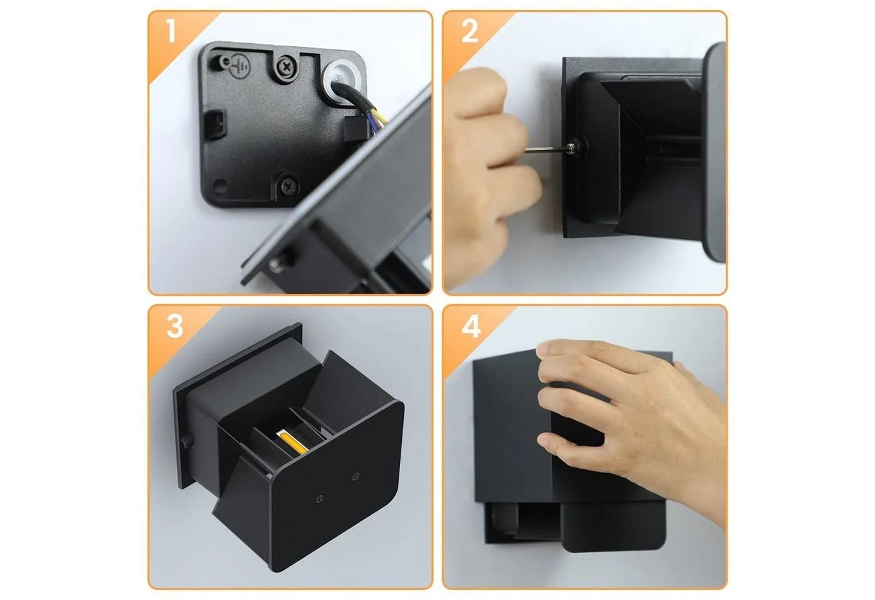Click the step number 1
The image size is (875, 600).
[171, 31]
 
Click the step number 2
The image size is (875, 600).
[469, 31]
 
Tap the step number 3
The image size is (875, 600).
[175, 326]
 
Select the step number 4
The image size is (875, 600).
[471, 326]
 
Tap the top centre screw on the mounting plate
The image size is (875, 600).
[286, 67]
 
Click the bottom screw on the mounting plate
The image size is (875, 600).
[289, 185]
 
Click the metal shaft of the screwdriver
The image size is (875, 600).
[544, 150]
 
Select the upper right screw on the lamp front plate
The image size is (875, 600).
[356, 476]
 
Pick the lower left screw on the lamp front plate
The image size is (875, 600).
[319, 499]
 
